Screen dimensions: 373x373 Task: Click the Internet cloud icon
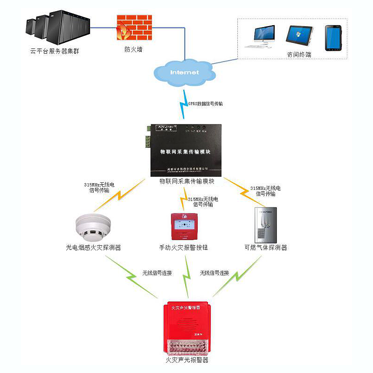184,72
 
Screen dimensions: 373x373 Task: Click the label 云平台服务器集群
55,50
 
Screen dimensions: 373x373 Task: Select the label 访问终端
299,55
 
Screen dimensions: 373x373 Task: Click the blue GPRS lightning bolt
183,104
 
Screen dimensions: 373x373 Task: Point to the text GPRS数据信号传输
205,104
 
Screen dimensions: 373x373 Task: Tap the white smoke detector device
91,228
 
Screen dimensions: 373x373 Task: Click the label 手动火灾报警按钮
183,248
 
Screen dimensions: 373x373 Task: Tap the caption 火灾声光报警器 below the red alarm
187,360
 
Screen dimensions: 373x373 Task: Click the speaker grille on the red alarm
186,322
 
